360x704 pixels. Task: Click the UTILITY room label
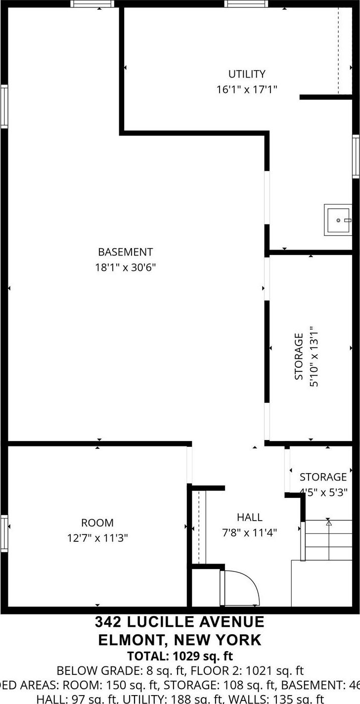(x=246, y=74)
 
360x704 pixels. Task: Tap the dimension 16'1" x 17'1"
(x=246, y=89)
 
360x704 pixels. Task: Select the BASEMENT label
(x=125, y=252)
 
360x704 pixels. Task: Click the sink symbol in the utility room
(x=338, y=220)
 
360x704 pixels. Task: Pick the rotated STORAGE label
(x=299, y=356)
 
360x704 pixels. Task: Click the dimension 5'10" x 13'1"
(x=313, y=356)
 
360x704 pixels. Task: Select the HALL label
(x=249, y=517)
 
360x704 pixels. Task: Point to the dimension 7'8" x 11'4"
(x=249, y=532)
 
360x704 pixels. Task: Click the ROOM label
(x=97, y=523)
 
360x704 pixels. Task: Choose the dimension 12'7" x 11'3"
(x=97, y=538)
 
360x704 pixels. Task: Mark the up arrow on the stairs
(x=328, y=522)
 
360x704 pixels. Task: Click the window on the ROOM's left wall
(x=4, y=532)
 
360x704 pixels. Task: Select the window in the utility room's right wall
(x=356, y=156)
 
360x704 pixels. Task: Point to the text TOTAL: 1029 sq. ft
(x=180, y=657)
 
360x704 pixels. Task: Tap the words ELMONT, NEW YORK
(x=180, y=640)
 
